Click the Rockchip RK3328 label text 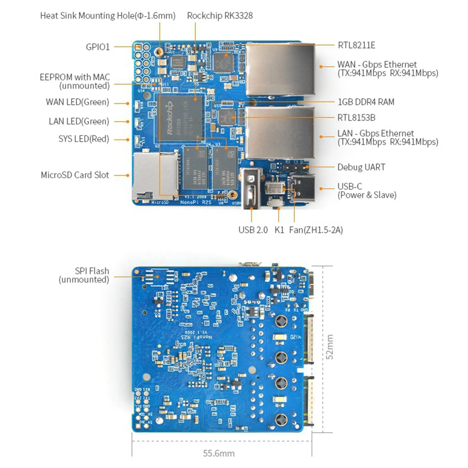(220, 16)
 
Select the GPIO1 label (98, 47)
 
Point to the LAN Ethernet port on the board (279, 133)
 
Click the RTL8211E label (356, 45)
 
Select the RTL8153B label (356, 118)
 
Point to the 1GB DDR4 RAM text (366, 102)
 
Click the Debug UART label (361, 167)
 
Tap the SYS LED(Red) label (84, 139)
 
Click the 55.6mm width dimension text (219, 453)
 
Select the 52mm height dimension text (330, 347)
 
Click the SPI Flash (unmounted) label (85, 275)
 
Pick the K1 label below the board (279, 230)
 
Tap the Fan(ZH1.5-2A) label (316, 230)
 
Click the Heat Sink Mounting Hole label (108, 16)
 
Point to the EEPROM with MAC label (75, 81)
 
